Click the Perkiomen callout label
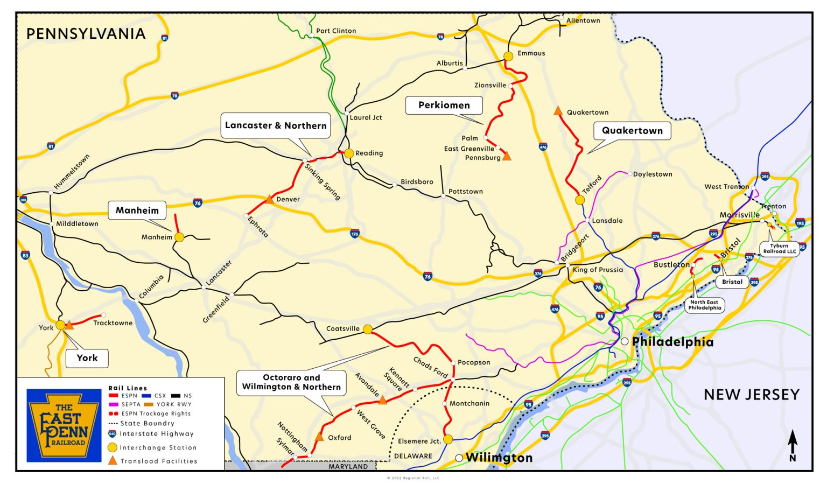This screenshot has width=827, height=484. (x=444, y=106)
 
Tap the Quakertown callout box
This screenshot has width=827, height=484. (x=632, y=131)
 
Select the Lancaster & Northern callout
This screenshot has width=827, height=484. (x=276, y=125)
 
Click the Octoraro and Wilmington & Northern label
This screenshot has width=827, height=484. (x=291, y=382)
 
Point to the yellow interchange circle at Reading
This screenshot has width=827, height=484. (x=349, y=153)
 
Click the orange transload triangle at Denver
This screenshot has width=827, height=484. (x=269, y=200)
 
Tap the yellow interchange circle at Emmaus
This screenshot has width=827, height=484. (x=508, y=56)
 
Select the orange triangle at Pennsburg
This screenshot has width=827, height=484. (x=507, y=157)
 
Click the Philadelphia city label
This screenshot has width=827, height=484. (x=672, y=342)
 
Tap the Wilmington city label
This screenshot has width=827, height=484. (x=499, y=458)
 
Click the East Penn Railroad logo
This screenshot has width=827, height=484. (x=64, y=425)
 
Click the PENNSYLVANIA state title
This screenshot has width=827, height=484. (x=86, y=34)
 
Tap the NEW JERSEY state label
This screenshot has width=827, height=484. (x=752, y=395)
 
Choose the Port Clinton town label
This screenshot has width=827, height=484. (x=336, y=31)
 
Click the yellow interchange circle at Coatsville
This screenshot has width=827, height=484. (x=368, y=329)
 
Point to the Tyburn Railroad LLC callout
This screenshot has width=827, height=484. (x=779, y=248)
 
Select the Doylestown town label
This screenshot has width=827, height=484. (x=653, y=174)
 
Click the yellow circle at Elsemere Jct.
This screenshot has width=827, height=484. (x=448, y=439)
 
